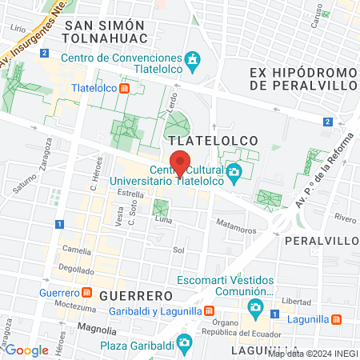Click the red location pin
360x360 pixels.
coord(181,163)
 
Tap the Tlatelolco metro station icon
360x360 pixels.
coord(123,88)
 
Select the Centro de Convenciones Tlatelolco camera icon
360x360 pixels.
coord(192,59)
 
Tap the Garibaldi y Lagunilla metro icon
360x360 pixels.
coord(209,310)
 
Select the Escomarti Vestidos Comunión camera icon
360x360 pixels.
coord(255,307)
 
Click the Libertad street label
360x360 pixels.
coord(296,302)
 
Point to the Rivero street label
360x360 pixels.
coord(346,217)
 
